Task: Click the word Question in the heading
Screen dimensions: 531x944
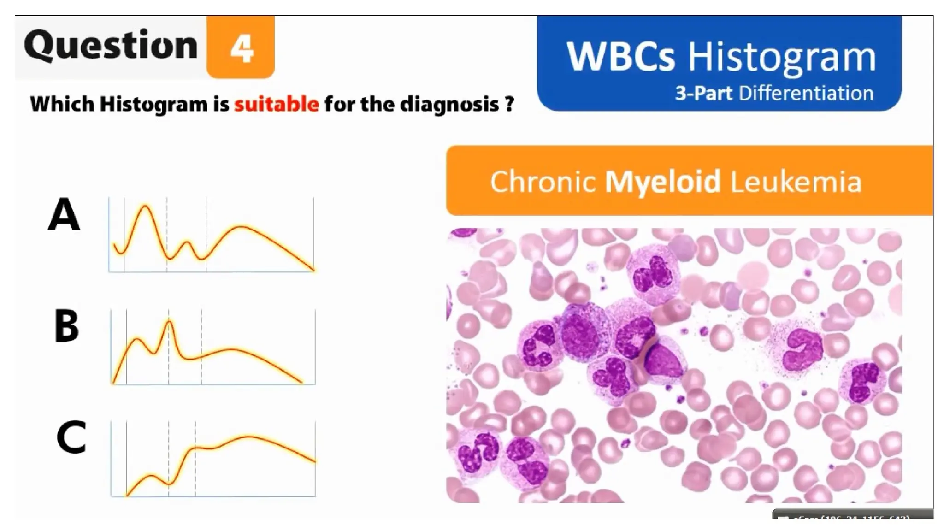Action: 111,45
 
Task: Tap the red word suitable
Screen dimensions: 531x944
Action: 277,104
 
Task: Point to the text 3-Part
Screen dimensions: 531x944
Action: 703,93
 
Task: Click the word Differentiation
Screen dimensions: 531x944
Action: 806,93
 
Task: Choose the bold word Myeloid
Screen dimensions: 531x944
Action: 662,182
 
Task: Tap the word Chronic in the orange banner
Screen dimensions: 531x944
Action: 542,182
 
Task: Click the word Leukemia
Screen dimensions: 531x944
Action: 796,182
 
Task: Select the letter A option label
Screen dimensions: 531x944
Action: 64,215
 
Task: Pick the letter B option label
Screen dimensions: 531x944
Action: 66,326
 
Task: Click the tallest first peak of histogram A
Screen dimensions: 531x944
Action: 145,206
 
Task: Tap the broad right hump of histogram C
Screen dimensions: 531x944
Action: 249,437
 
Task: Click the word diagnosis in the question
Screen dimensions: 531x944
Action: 449,104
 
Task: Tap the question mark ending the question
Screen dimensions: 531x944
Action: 509,104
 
